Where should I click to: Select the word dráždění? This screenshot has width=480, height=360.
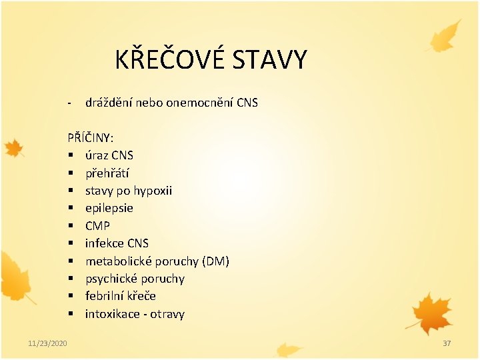(x=108, y=103)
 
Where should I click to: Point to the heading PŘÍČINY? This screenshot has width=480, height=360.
(x=90, y=138)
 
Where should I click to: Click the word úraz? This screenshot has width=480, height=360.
(x=97, y=155)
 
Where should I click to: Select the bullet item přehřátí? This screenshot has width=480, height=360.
(x=107, y=173)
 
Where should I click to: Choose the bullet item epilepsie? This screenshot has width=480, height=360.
(x=109, y=208)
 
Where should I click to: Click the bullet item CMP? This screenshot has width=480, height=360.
(x=97, y=226)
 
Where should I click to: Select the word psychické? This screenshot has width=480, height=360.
(x=111, y=279)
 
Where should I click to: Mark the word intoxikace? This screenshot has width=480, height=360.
(x=111, y=314)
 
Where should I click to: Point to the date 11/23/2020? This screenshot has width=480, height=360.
(x=47, y=343)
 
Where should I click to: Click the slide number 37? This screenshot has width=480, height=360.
(x=447, y=343)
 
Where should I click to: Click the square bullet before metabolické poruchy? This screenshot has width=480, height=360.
(x=70, y=261)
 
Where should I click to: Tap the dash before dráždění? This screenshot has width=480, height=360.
(x=69, y=103)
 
